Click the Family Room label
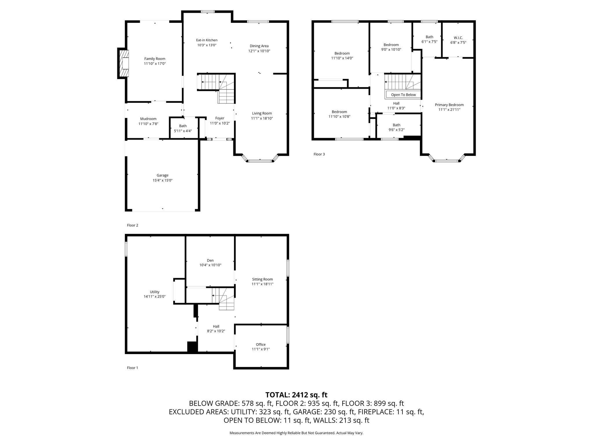(155, 59)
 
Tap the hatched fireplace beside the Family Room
(125, 63)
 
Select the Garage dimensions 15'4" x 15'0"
(162, 180)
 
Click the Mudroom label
(148, 119)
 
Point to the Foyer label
(220, 118)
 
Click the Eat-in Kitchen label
(207, 40)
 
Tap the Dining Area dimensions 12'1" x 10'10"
(259, 51)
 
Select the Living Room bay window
(260, 160)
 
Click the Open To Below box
(403, 95)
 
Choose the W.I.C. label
(458, 38)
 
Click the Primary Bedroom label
(449, 105)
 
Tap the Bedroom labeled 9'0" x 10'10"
(391, 45)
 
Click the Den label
(210, 260)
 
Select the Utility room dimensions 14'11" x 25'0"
(155, 297)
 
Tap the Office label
(261, 344)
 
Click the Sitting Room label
(262, 279)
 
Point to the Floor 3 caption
(319, 154)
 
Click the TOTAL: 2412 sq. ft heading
(296, 395)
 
